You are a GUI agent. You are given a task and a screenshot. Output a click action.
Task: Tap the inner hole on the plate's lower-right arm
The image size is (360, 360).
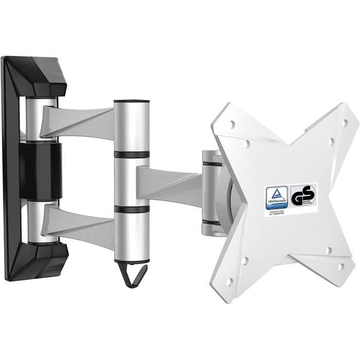click(328, 251)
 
